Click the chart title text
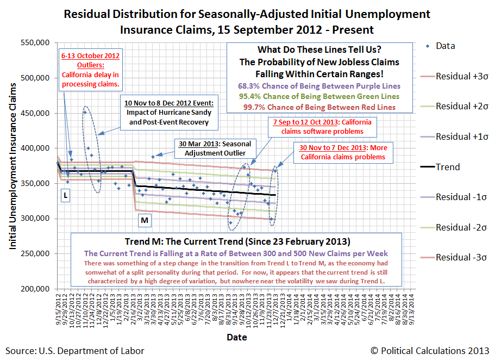pyautogui.click(x=247, y=21)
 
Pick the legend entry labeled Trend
pyautogui.click(x=448, y=167)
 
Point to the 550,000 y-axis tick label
pyautogui.click(x=35, y=43)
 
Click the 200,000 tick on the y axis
pyautogui.click(x=35, y=289)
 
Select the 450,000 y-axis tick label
pyautogui.click(x=35, y=113)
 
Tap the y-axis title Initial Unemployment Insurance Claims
pyautogui.click(x=12, y=166)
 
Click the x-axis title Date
pyautogui.click(x=236, y=337)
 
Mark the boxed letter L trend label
pyautogui.click(x=66, y=195)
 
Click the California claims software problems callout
pyautogui.click(x=323, y=127)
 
